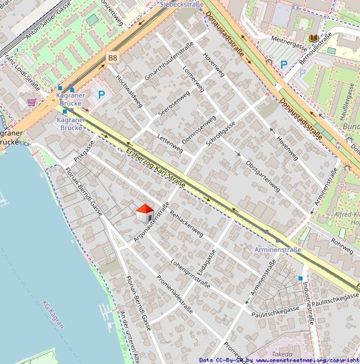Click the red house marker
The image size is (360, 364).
click(144, 212)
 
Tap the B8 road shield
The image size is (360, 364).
click(112, 59)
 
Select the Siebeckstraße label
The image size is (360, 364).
click(182, 3)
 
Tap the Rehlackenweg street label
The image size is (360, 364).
click(187, 224)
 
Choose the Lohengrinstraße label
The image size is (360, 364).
click(190, 272)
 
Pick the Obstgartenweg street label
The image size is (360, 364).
click(263, 176)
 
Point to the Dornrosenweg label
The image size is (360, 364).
click(198, 126)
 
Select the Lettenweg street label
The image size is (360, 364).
click(169, 140)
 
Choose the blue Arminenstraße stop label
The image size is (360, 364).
click(278, 250)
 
